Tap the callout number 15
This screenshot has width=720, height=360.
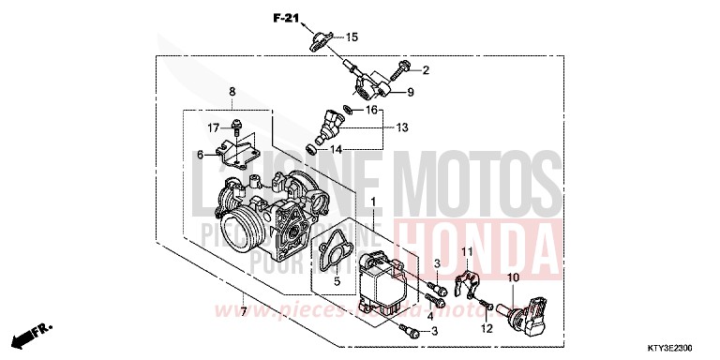pos(352,37)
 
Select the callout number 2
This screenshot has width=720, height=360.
pos(425,69)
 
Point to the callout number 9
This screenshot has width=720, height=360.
pos(410,92)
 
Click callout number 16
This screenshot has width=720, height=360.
pos(371,110)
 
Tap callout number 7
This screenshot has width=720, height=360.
pos(243,310)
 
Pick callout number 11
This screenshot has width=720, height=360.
pos(466,250)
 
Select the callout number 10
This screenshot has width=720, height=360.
pos(513,278)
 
